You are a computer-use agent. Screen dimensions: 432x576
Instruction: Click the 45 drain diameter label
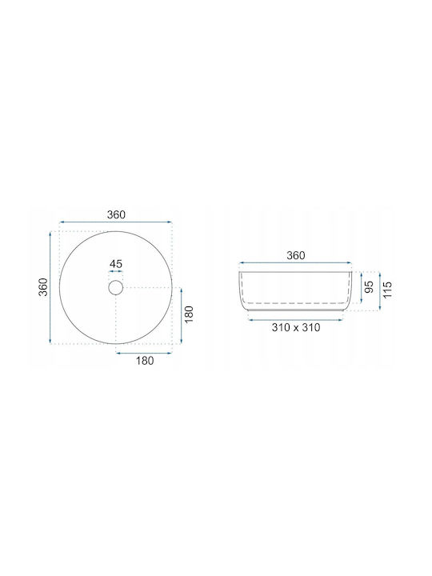click(116, 264)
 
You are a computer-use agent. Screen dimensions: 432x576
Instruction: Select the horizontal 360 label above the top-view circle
click(116, 214)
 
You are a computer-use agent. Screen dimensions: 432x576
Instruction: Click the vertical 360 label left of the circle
click(44, 287)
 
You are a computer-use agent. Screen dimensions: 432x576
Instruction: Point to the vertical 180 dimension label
click(189, 314)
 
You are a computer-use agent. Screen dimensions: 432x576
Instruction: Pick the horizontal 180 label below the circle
click(145, 361)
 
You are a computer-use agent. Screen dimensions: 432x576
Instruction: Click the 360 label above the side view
click(296, 255)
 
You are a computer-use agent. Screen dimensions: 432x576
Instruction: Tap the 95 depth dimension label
click(369, 287)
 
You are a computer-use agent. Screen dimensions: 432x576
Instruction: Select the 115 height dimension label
click(387, 290)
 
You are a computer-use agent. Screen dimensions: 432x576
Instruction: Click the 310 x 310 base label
click(296, 327)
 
